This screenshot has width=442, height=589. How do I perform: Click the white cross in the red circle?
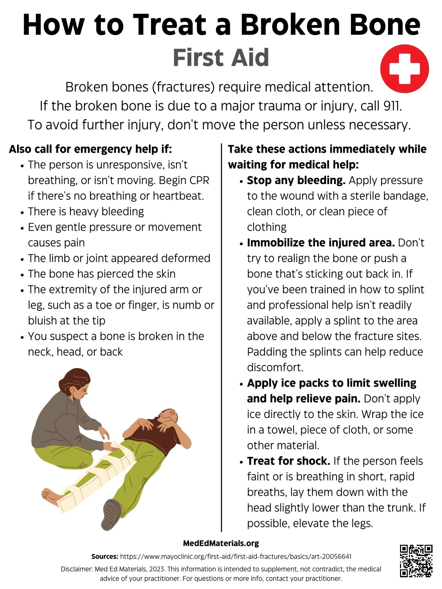click(404, 69)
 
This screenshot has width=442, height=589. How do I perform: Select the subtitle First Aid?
click(221, 58)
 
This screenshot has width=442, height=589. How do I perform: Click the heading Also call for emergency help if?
click(90, 149)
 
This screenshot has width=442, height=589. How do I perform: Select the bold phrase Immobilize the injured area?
click(321, 243)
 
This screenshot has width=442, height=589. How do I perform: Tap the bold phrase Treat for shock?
click(289, 461)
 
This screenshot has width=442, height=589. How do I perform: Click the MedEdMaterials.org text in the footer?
click(221, 543)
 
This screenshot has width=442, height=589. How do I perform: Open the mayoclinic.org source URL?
click(236, 556)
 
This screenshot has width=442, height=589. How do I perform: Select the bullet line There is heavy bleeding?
click(86, 212)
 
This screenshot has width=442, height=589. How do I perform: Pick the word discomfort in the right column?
click(275, 368)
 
